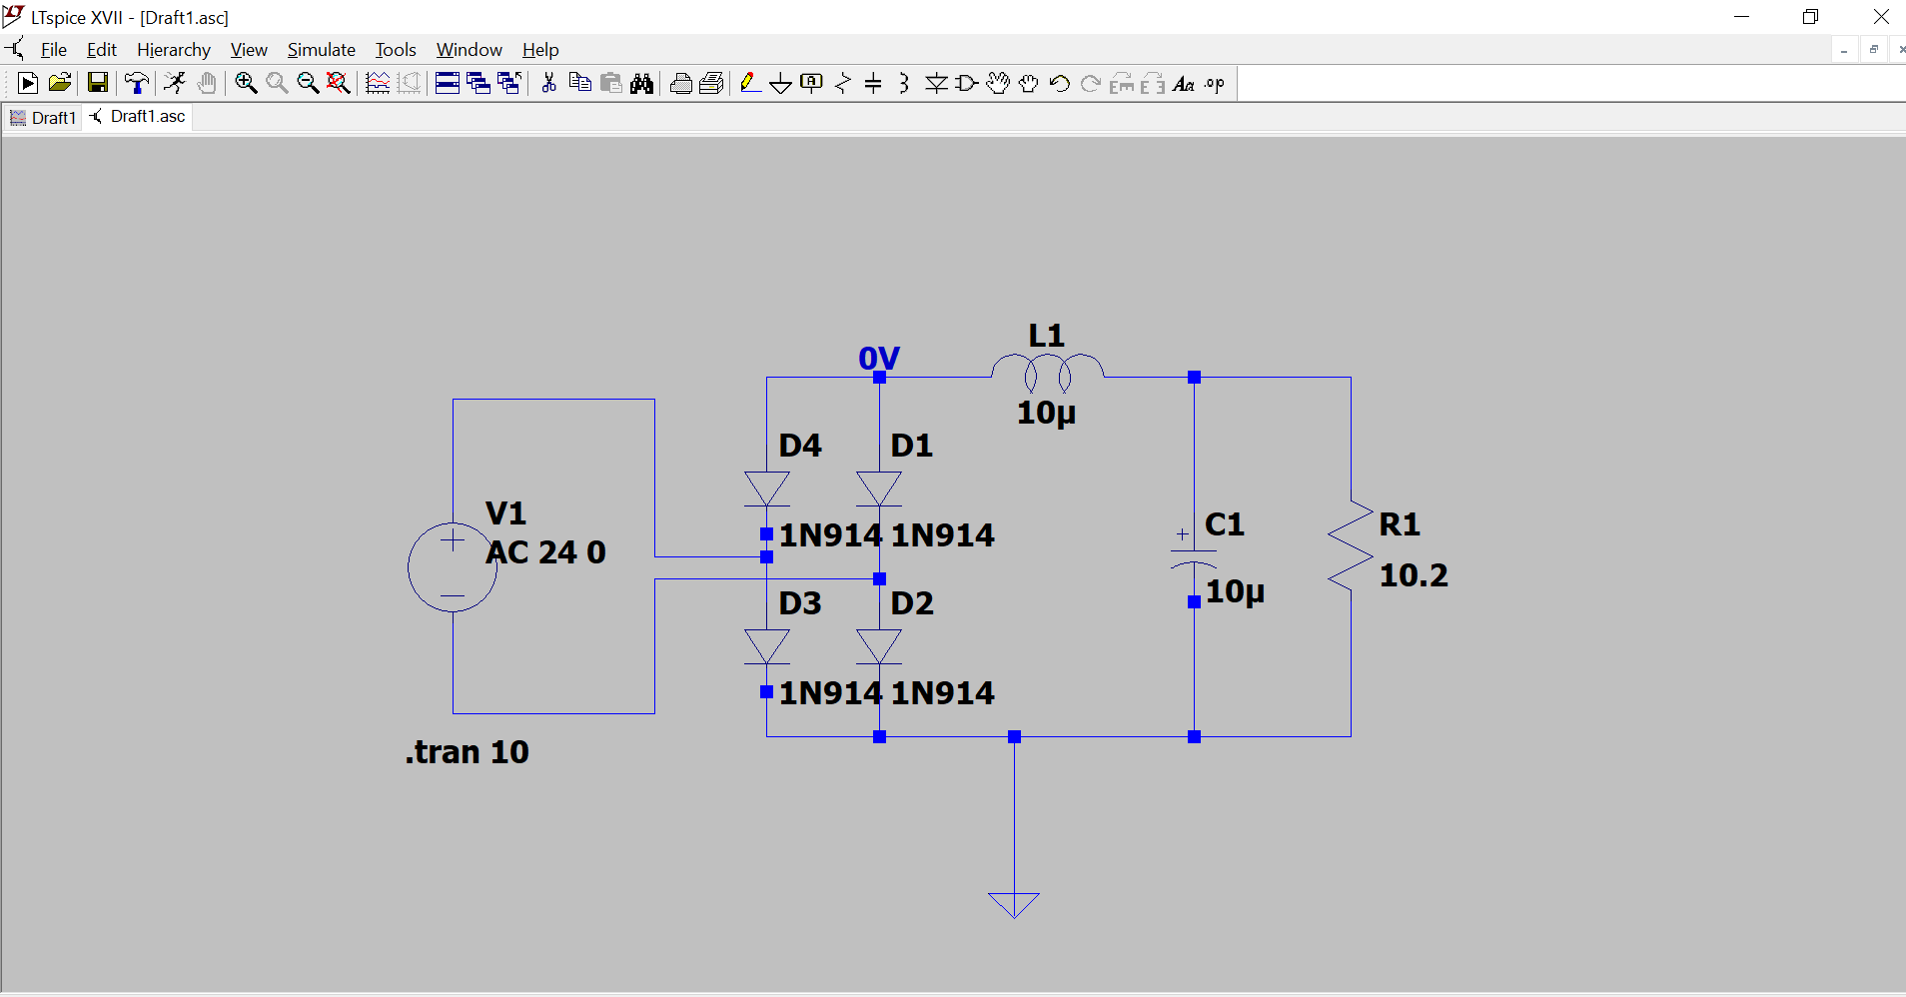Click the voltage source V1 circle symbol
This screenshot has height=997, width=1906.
453,566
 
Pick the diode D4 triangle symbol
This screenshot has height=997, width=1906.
767,489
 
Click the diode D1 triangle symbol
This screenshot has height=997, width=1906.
879,489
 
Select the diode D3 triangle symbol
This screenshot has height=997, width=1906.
767,646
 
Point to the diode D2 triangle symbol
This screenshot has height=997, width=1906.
879,646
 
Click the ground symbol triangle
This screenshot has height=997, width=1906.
1014,903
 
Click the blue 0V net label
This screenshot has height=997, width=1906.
879,358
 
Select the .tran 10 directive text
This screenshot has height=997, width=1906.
467,752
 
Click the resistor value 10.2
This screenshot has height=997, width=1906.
1414,575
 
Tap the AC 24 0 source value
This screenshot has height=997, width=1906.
545,552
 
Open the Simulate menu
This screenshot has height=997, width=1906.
321,50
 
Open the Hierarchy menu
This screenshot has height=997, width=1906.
174,50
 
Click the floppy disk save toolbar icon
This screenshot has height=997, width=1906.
97,84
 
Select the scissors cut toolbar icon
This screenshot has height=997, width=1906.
548,84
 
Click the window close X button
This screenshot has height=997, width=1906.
1880,17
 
